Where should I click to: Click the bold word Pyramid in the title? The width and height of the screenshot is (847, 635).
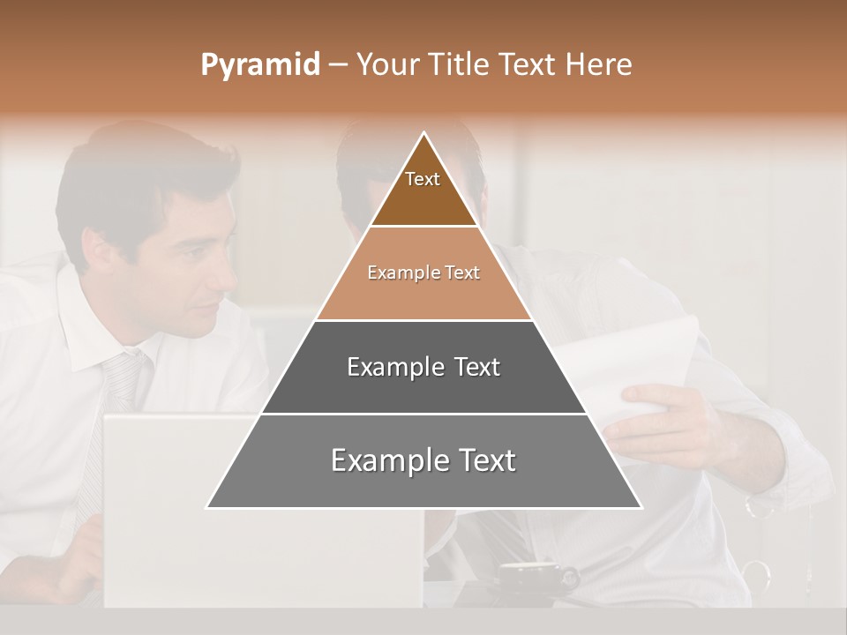click(x=260, y=65)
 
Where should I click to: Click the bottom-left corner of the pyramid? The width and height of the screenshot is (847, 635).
click(x=208, y=507)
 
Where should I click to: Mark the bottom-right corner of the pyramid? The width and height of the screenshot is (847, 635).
click(x=641, y=507)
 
